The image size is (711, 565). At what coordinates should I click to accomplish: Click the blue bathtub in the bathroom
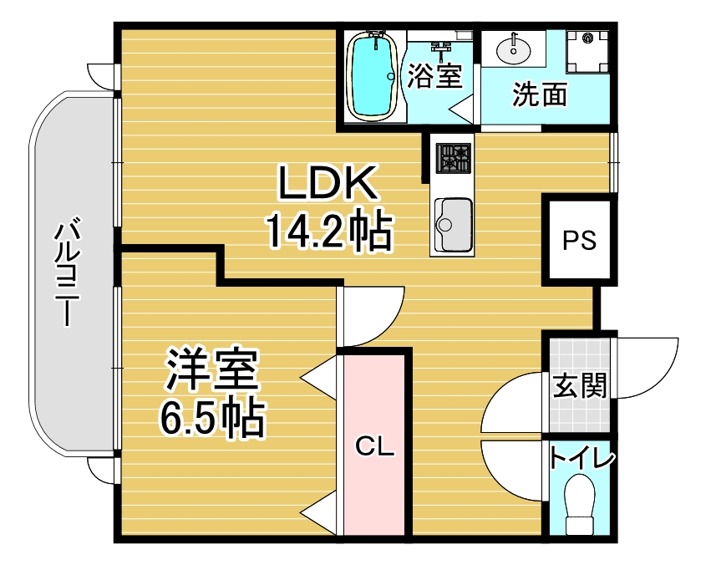[x=372, y=76]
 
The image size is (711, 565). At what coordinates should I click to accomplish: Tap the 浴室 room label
[x=434, y=76]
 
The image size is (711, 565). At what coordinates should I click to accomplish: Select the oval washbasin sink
[x=513, y=50]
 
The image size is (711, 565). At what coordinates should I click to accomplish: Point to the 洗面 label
[x=540, y=94]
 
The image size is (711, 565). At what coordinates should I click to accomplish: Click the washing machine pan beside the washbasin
[x=587, y=51]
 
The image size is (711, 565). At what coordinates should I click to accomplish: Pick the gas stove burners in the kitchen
[x=453, y=158]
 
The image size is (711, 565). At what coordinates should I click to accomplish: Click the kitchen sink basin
[x=453, y=225]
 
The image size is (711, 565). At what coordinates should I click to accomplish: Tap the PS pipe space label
[x=579, y=240]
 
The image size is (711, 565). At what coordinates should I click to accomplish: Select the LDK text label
[x=328, y=183]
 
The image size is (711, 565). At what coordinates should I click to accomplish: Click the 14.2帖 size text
[x=330, y=230]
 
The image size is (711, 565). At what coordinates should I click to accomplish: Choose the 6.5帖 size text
[x=211, y=417]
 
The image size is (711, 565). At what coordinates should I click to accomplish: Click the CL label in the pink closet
[x=374, y=446]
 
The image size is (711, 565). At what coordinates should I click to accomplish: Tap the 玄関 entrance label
[x=580, y=386]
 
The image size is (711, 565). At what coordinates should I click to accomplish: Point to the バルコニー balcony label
[x=68, y=272]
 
